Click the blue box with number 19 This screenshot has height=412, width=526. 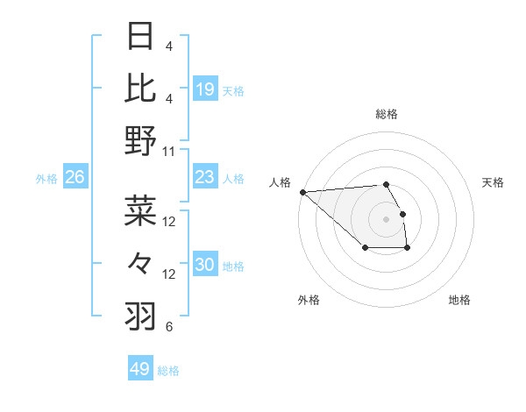[205, 89]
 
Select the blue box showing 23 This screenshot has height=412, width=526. [205, 178]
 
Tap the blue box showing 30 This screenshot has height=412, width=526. [205, 266]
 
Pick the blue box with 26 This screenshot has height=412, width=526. [75, 178]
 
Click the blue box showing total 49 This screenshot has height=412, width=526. [140, 369]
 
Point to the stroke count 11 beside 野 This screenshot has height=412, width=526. [169, 151]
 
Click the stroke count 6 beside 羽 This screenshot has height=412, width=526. [169, 328]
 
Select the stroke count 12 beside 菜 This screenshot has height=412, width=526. [169, 222]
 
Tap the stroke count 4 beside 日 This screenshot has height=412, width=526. [169, 46]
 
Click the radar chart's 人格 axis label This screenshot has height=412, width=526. [280, 182]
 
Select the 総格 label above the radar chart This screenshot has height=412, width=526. [386, 114]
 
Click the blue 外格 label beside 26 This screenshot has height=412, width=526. [46, 179]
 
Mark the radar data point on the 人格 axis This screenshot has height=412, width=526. [302, 191]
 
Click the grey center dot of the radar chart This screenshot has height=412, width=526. [386, 218]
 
